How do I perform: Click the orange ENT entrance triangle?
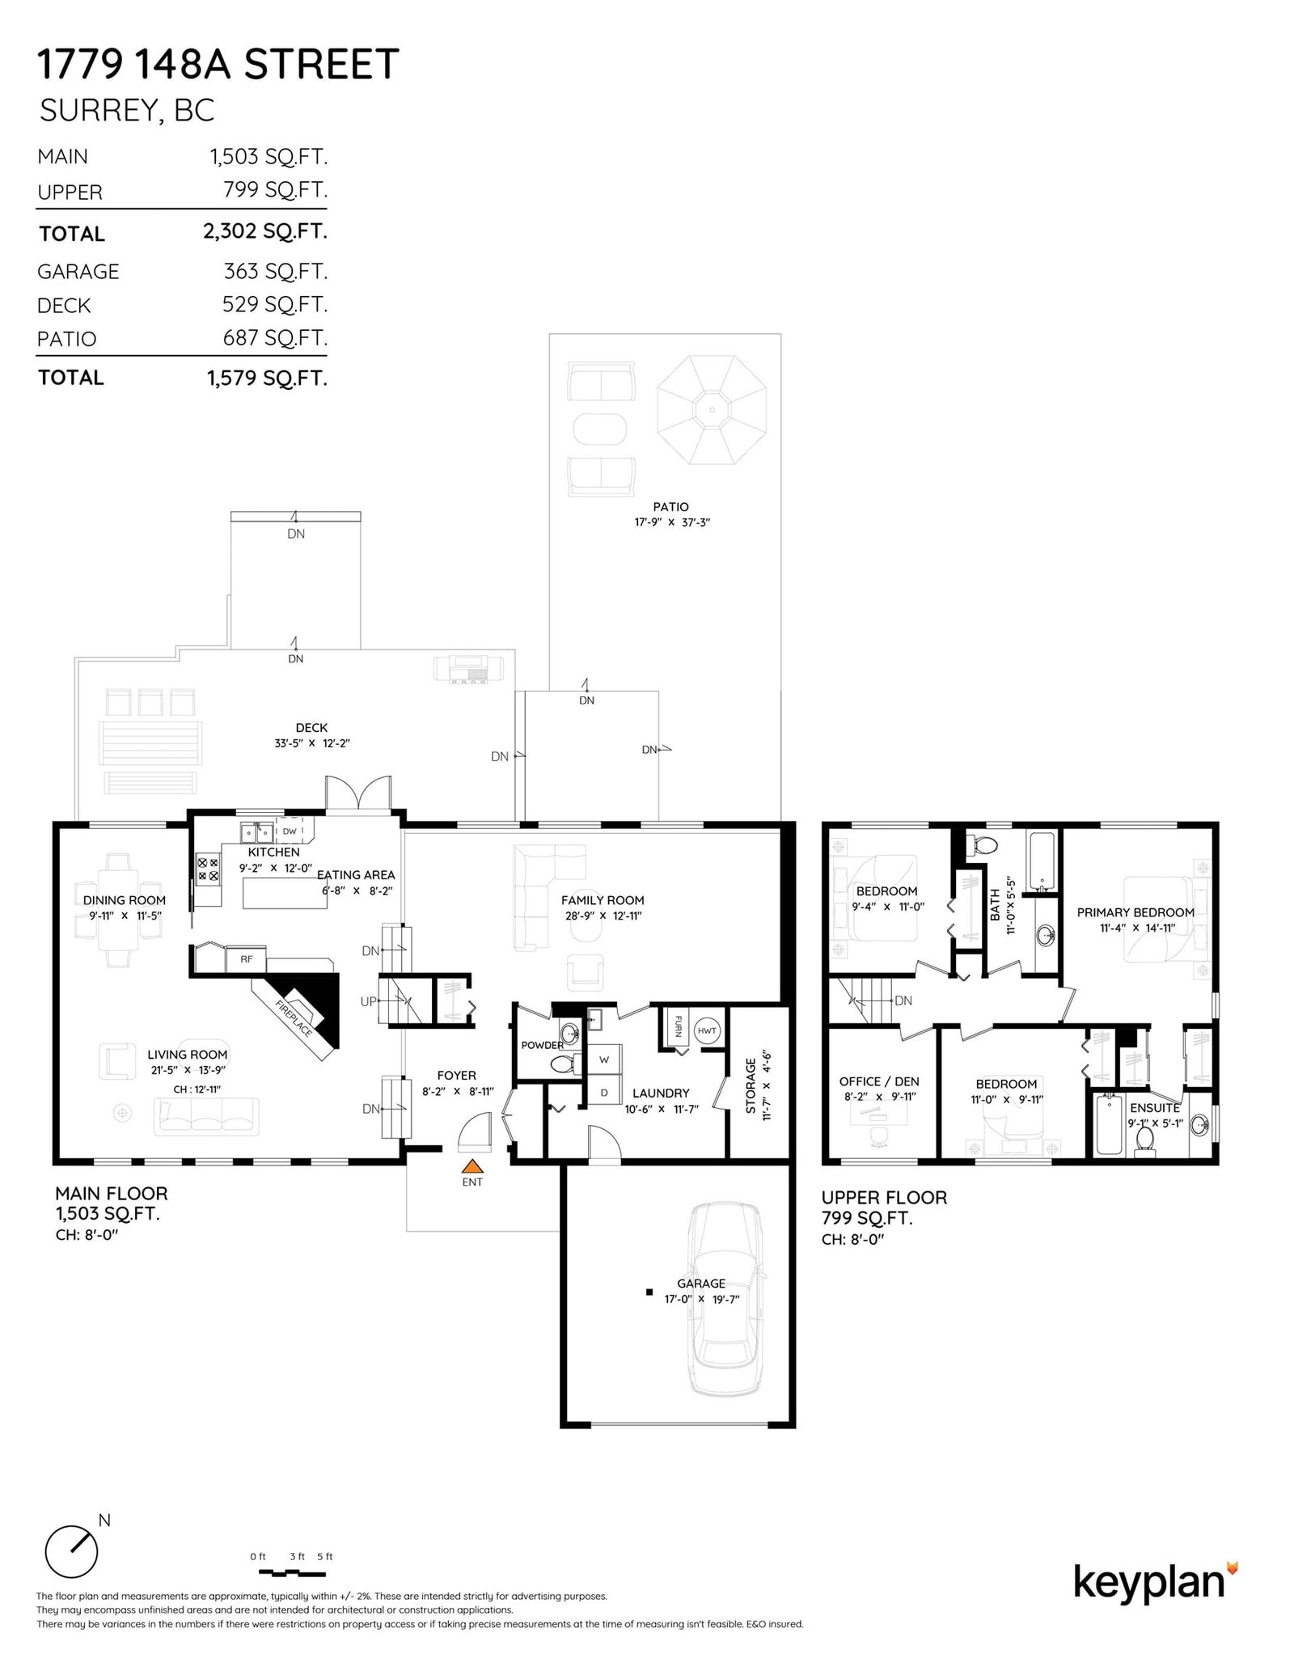(472, 1166)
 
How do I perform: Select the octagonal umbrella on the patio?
(712, 409)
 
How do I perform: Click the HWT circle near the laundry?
(707, 1030)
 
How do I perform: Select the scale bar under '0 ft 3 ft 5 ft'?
(292, 1573)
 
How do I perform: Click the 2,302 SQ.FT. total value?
(265, 231)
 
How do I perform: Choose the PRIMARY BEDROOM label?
(1135, 912)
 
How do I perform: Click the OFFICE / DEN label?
(879, 1081)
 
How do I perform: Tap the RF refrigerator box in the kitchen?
(247, 958)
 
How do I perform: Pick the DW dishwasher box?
(290, 831)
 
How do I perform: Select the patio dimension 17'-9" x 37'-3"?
(671, 522)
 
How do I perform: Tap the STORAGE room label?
(751, 1085)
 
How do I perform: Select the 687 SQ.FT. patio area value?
(275, 338)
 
